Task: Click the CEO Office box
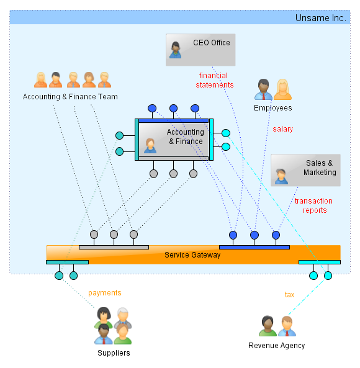click(x=200, y=50)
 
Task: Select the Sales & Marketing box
click(x=305, y=170)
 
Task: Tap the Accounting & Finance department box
click(x=174, y=140)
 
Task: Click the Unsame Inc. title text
click(x=320, y=18)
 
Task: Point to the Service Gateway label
click(x=192, y=255)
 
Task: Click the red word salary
click(x=283, y=129)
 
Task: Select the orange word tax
click(x=289, y=295)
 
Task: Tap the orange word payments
click(x=105, y=293)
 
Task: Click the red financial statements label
click(x=215, y=80)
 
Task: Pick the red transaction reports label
click(x=314, y=205)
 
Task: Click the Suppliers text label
click(x=114, y=353)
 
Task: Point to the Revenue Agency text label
click(x=276, y=346)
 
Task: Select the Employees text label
click(x=273, y=108)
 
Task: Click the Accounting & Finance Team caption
click(x=70, y=97)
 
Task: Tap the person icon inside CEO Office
click(x=176, y=50)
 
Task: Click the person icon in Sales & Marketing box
click(x=281, y=176)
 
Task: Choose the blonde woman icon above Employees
click(x=282, y=89)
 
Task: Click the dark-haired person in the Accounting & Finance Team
click(x=56, y=79)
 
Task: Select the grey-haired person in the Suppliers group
click(x=123, y=318)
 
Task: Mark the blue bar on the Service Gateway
click(x=254, y=248)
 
